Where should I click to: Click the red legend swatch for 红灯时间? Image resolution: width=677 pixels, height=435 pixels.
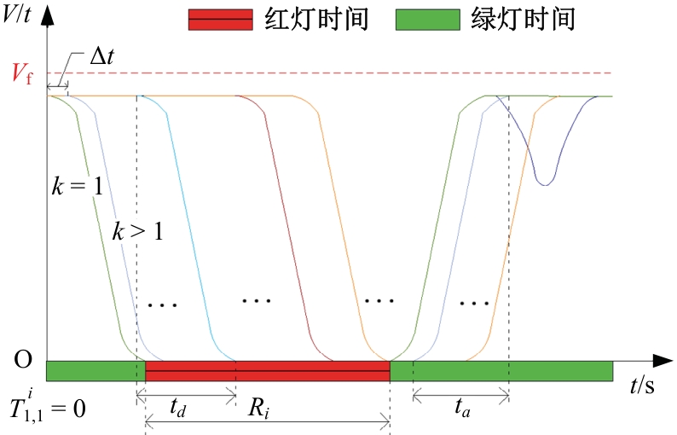coord(221,20)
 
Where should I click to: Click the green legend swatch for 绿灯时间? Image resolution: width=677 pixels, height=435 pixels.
coord(428,20)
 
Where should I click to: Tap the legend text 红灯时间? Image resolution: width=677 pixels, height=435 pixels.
coord(316,20)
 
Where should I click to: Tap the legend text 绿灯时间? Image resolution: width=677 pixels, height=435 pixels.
coord(524,20)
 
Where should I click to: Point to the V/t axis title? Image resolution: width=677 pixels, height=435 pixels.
coord(16,14)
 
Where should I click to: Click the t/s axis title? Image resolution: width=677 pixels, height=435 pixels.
coord(642,384)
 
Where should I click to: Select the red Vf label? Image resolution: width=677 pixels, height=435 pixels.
coord(22,73)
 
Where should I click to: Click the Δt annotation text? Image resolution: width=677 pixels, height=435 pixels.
coord(102,56)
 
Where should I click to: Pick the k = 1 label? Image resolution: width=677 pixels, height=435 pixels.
coord(78,186)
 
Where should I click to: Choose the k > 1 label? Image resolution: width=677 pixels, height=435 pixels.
coord(138,230)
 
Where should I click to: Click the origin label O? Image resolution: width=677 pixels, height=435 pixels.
coord(23,359)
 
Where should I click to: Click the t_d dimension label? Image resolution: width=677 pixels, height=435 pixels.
coord(177,408)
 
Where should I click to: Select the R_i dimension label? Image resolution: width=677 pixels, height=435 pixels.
coord(258,408)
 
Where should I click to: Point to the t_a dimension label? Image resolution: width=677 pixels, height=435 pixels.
coord(462,408)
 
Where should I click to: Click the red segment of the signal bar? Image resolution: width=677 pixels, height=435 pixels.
coord(268,371)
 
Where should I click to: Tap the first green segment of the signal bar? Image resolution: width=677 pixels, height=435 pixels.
coord(95,371)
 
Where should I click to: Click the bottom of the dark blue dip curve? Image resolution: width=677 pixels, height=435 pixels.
coord(546,185)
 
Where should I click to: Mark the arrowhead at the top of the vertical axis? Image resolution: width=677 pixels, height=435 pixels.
coord(47,16)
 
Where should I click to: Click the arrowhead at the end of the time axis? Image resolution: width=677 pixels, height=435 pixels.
coord(663,361)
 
